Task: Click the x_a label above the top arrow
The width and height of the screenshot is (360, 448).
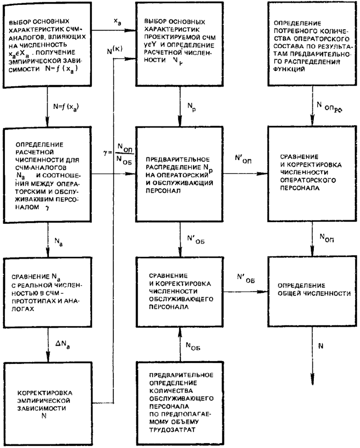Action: pyautogui.click(x=117, y=21)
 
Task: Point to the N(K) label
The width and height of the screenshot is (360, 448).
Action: pyautogui.click(x=115, y=50)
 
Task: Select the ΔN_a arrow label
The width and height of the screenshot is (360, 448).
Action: pyautogui.click(x=62, y=345)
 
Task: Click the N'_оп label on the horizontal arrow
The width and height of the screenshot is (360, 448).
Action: pyautogui.click(x=243, y=159)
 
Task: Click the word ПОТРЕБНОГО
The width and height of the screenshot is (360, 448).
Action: pyautogui.click(x=293, y=31)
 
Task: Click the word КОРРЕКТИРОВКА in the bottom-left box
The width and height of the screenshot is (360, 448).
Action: pyautogui.click(x=44, y=393)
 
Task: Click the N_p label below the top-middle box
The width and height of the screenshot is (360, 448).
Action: pyautogui.click(x=191, y=107)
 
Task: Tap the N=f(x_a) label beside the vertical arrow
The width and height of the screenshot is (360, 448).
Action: pyautogui.click(x=66, y=107)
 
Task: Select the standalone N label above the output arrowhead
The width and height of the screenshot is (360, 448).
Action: pyautogui.click(x=321, y=346)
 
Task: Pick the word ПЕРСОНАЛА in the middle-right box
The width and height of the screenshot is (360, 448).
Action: pyautogui.click(x=300, y=188)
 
